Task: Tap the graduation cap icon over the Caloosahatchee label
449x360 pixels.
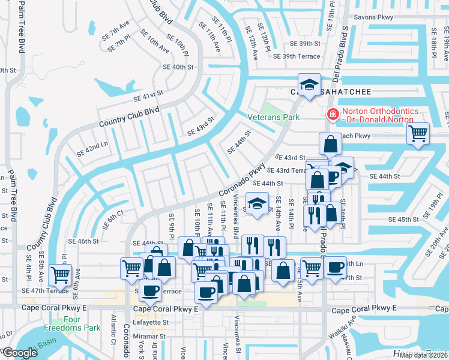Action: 309,84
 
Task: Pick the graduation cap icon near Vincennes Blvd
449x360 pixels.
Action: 257,203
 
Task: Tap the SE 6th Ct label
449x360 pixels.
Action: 113,220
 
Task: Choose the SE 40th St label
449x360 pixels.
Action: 175,67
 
